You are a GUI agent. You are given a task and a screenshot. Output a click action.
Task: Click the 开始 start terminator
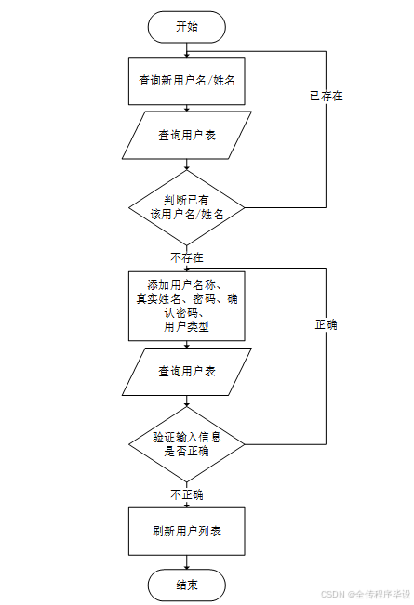click(186, 26)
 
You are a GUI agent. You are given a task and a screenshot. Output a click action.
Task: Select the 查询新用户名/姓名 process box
click(186, 81)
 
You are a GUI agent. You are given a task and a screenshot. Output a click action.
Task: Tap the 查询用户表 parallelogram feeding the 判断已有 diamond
click(186, 135)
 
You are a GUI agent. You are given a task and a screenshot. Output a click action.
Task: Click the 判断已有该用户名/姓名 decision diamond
click(186, 206)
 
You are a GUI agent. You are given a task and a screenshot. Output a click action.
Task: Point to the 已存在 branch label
click(326, 96)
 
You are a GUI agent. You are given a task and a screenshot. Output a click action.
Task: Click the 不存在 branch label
click(186, 256)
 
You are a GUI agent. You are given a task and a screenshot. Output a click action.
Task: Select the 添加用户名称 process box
click(186, 305)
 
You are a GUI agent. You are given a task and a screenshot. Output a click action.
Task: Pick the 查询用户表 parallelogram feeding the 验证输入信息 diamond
click(186, 371)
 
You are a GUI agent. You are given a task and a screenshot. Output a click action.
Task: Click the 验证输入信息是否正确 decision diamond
click(186, 443)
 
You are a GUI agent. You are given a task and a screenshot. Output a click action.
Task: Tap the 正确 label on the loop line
click(326, 325)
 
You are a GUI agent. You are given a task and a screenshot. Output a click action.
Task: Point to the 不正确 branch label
click(186, 493)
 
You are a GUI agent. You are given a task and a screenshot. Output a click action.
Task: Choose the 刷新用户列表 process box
click(186, 533)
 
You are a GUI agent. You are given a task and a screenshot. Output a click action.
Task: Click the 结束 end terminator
click(186, 585)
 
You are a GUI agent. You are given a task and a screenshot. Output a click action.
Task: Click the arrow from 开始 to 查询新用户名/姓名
click(186, 48)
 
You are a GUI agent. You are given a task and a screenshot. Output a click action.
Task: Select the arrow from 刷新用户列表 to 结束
click(186, 563)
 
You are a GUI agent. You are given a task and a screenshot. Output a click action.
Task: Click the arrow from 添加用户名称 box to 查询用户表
click(186, 344)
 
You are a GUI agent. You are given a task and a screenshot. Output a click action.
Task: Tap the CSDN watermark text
click(366, 594)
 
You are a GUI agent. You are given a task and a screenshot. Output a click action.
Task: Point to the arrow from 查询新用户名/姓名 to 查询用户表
click(186, 107)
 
